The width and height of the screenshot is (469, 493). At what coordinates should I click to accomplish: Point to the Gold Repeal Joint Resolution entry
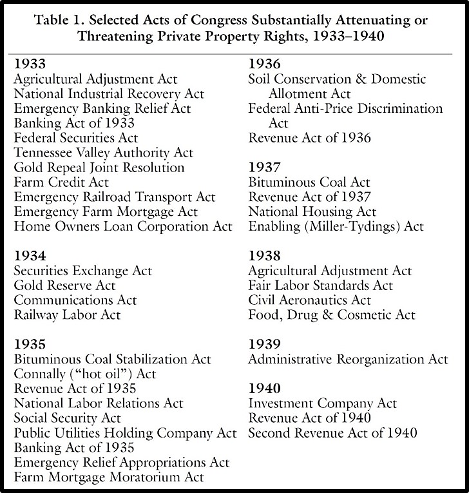[x=99, y=168]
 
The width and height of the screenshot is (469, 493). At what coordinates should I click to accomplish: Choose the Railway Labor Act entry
[x=67, y=315]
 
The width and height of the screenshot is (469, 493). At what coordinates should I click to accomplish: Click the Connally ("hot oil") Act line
[x=86, y=374]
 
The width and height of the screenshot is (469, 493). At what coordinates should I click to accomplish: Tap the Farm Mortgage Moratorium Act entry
[x=109, y=477]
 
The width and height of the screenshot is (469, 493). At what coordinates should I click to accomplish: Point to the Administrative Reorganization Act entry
[x=348, y=360]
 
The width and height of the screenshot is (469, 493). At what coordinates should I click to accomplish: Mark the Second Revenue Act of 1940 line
[x=332, y=432]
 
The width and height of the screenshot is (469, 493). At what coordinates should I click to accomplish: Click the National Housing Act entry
[x=304, y=211]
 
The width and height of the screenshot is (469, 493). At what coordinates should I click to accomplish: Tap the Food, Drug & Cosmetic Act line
[x=332, y=315]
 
